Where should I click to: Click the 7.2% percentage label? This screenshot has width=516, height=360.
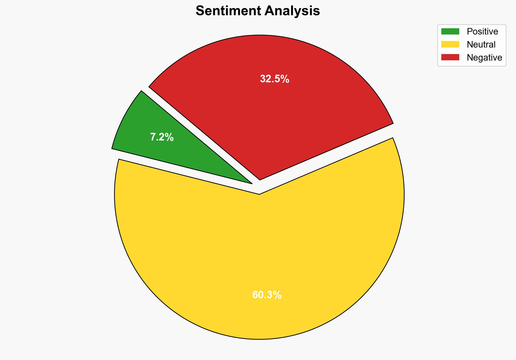pos(162,137)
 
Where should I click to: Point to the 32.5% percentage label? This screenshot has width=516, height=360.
pos(275,79)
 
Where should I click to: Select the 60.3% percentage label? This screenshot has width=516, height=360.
pos(267,295)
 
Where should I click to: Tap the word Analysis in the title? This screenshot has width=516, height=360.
pos(292,11)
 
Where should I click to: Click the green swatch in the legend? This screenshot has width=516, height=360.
pos(450,32)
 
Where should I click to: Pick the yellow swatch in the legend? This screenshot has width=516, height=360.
pos(450,44)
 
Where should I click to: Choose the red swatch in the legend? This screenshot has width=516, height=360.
pos(450,57)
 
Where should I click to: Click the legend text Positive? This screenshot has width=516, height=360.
pos(482,32)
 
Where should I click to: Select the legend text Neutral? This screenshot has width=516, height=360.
pos(481,44)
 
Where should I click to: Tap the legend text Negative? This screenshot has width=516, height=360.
pos(484,57)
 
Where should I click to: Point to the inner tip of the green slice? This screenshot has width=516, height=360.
pos(251,183)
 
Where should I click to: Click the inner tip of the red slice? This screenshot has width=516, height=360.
pos(260,179)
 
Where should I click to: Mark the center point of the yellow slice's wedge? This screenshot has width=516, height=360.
pos(259,194)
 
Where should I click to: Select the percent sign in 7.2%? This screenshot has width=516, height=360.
pos(170,137)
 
